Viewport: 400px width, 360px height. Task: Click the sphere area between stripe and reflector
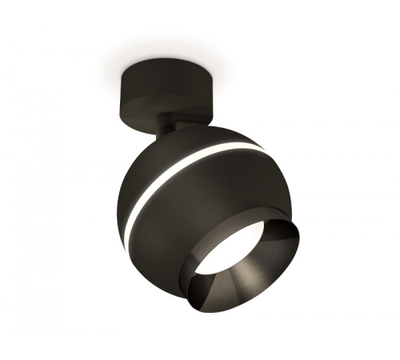click(x=208, y=208)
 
